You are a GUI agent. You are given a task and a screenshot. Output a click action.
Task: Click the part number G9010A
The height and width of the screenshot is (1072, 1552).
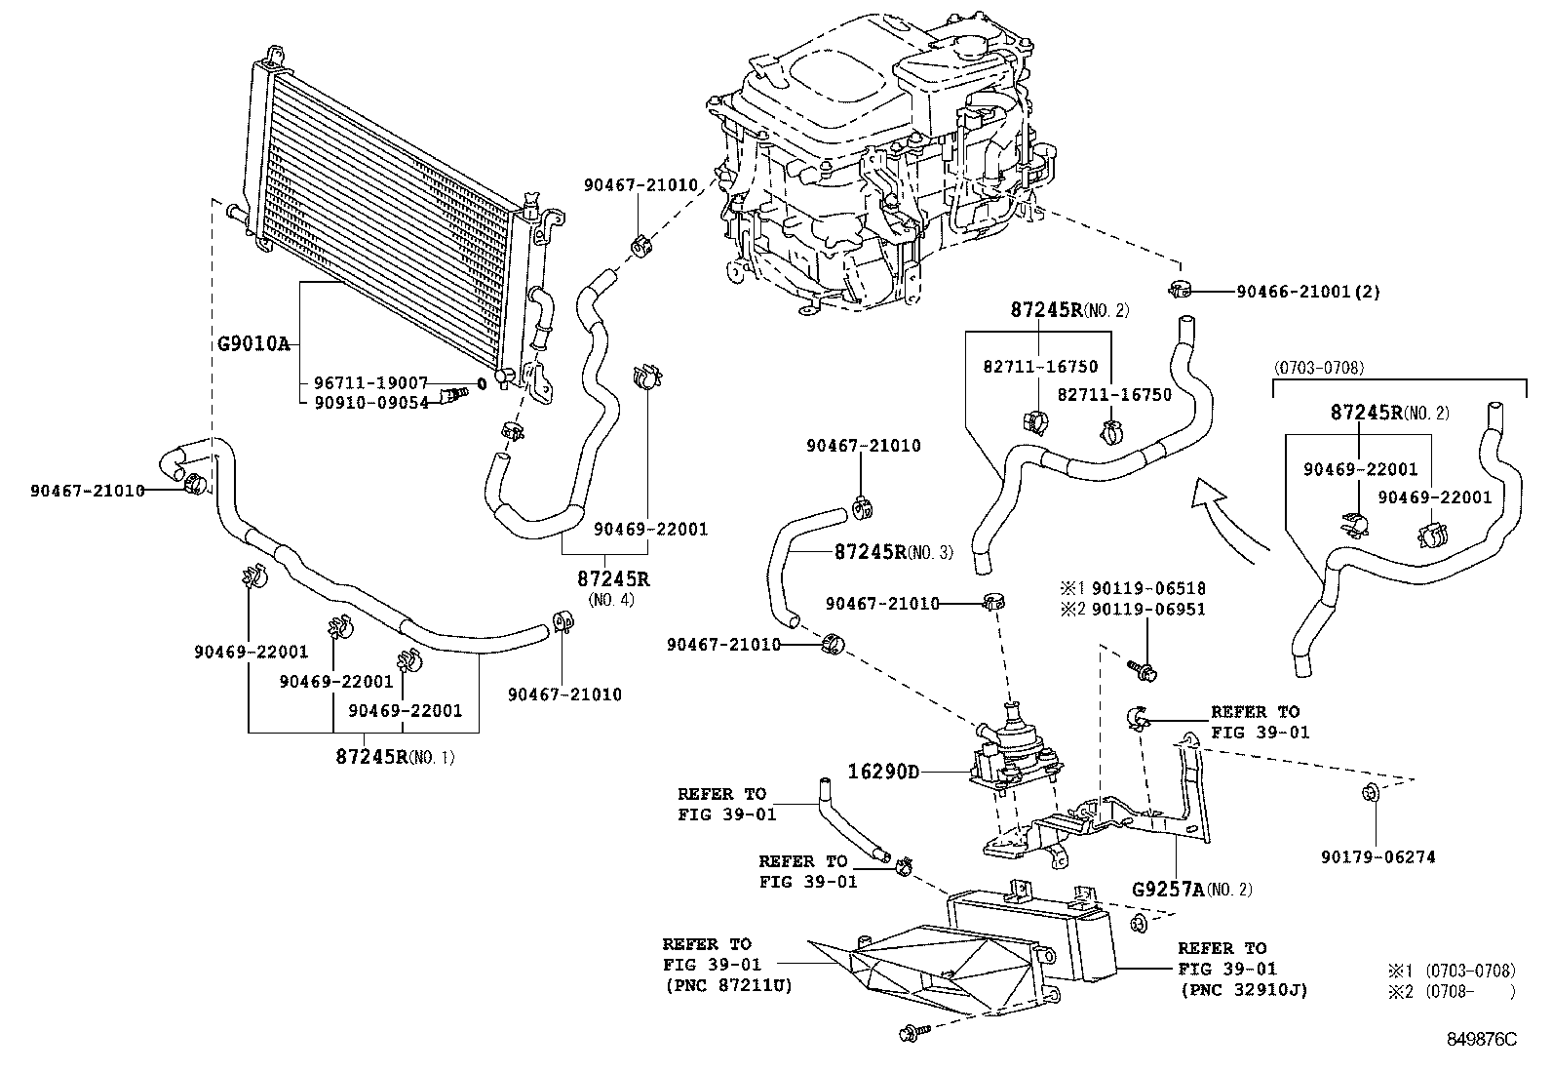click(252, 343)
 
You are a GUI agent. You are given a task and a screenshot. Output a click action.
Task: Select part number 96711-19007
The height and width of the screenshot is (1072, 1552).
click(371, 382)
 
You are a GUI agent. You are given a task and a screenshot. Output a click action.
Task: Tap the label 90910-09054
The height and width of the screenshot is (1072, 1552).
click(371, 402)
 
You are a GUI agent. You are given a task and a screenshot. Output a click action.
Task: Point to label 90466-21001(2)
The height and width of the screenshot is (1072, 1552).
click(1307, 291)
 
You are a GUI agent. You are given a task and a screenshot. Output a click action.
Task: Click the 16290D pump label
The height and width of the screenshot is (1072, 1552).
click(883, 772)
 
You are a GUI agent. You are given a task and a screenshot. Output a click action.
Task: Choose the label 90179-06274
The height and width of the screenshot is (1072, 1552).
click(1377, 856)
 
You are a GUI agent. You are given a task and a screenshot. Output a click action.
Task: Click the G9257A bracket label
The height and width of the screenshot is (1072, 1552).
click(1166, 889)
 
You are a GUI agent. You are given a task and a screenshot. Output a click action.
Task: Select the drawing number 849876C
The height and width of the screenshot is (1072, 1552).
click(1481, 1039)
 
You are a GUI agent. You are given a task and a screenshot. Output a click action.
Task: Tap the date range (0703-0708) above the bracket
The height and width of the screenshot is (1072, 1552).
click(1317, 367)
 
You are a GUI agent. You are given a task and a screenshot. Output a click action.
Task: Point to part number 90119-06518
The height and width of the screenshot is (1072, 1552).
click(1147, 588)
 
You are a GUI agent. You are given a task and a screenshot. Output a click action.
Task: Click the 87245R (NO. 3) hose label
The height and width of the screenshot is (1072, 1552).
click(871, 551)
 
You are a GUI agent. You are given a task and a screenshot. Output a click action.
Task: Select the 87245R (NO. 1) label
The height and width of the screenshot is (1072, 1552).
click(370, 756)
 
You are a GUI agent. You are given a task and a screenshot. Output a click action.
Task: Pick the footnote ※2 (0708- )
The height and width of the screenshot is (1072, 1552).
click(1452, 991)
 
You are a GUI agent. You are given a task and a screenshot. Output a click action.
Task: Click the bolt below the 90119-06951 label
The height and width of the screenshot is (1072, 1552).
click(1142, 669)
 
